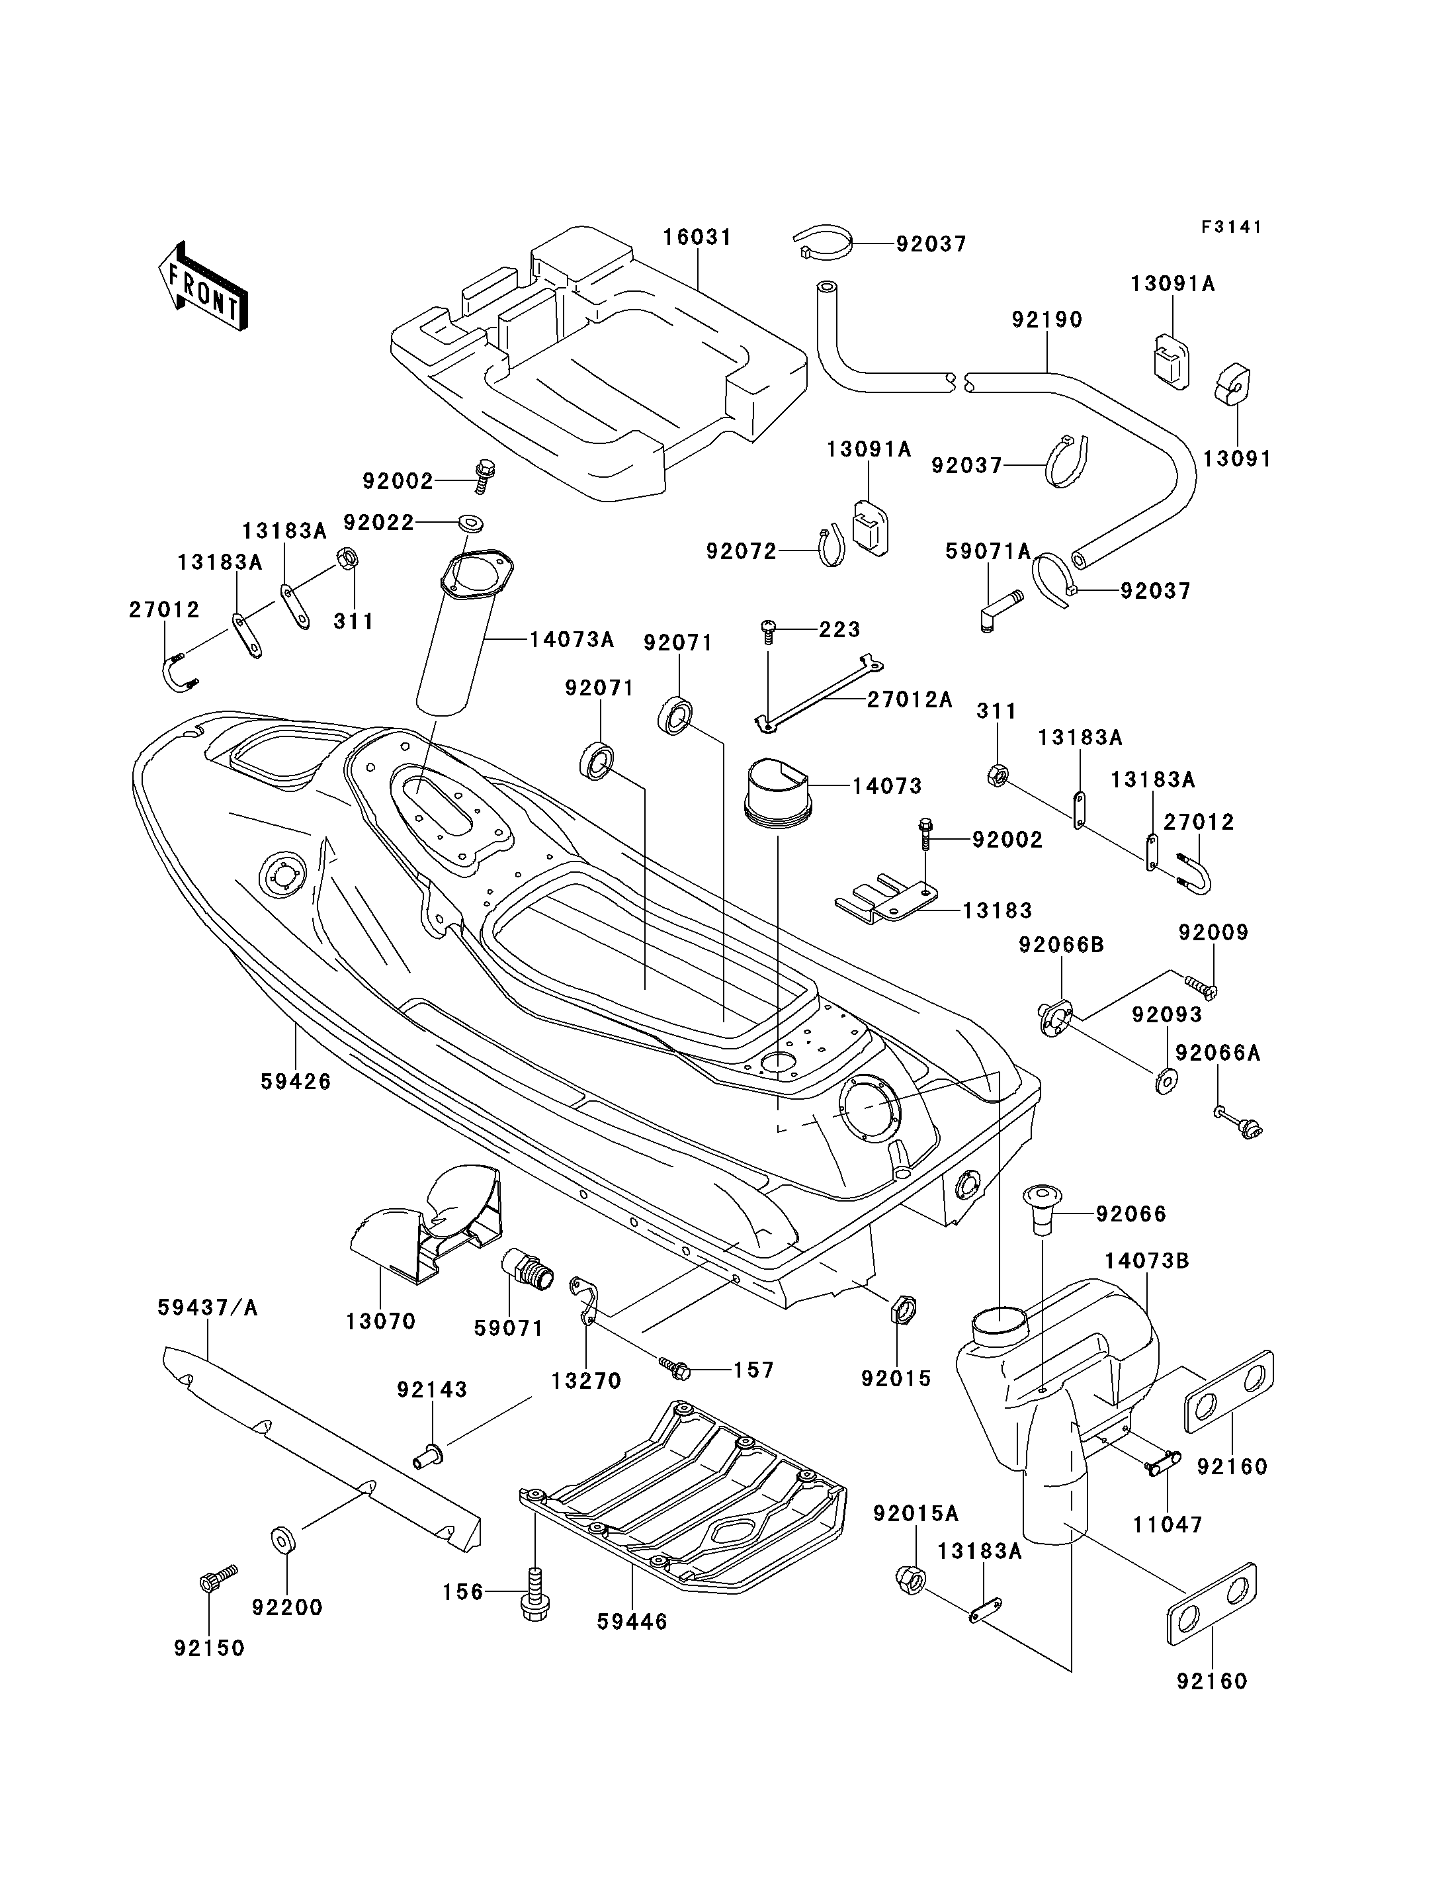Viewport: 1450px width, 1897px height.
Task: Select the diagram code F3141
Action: (1232, 227)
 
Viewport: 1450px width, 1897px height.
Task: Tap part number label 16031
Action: (697, 237)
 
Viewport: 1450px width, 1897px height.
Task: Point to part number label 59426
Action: (295, 1081)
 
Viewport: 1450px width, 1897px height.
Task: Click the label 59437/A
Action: (208, 1307)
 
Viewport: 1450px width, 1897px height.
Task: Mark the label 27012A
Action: (910, 699)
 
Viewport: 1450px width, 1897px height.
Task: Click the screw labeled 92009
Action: (1198, 985)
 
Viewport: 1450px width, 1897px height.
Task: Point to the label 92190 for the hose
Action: (1047, 320)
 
